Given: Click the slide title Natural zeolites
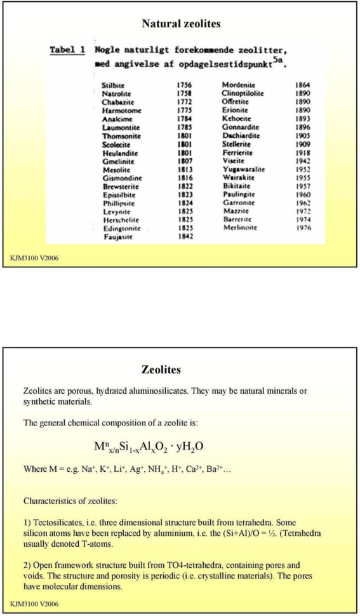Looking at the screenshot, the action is [x=181, y=24].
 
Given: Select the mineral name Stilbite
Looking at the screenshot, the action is [x=114, y=85].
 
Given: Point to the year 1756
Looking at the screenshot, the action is [x=184, y=85].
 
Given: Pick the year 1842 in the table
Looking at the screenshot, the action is [x=184, y=236].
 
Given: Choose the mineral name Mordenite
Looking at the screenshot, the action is [x=240, y=85].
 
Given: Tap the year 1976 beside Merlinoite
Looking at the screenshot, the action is [x=303, y=227].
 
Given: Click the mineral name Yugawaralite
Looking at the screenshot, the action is [x=244, y=170].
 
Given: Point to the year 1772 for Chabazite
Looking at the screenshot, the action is [x=184, y=102].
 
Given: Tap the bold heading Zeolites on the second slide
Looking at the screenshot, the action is [x=161, y=370].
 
